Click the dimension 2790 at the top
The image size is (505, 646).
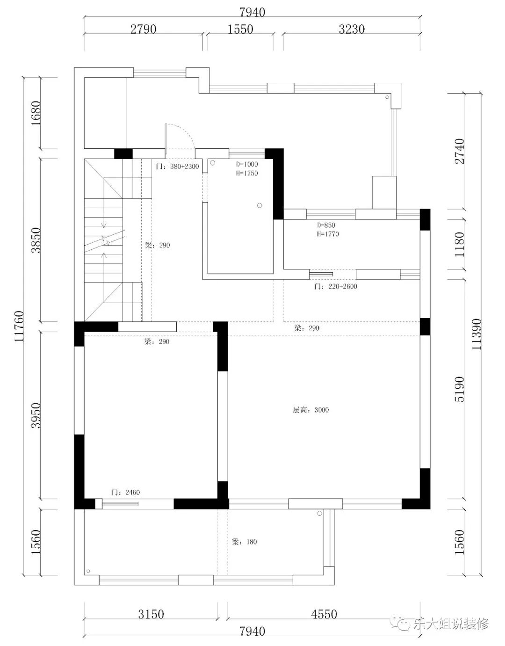coord(144,29)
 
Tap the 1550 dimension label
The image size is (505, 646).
coord(240,29)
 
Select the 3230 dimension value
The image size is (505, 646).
coord(352,29)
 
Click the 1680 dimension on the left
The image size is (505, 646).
coord(36,113)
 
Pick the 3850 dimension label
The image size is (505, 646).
coord(36,240)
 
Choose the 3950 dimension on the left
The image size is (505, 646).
coord(36,415)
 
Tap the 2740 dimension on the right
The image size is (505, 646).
coord(459,151)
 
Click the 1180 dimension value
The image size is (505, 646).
coord(459,244)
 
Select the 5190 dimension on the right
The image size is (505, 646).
coord(459,389)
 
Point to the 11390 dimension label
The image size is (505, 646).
coord(476,334)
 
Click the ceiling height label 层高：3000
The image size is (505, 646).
coord(310,410)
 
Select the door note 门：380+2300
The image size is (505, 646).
coord(177,166)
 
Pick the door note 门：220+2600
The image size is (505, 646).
coord(336,286)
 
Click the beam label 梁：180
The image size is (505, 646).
coord(244,542)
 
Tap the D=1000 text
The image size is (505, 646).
coord(247,164)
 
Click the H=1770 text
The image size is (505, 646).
coord(328,234)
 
